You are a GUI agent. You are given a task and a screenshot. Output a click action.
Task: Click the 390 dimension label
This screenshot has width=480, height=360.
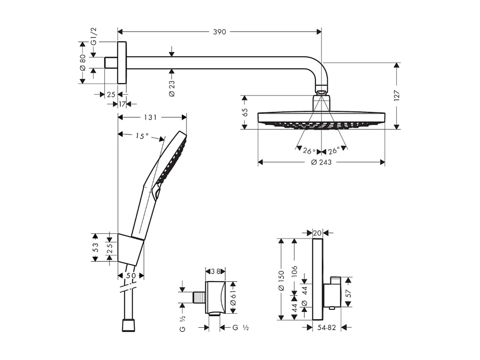coord(219,32)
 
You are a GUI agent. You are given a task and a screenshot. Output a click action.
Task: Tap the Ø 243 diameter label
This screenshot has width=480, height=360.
coord(321,162)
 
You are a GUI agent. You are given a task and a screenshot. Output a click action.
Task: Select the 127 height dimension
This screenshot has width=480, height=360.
coord(397,96)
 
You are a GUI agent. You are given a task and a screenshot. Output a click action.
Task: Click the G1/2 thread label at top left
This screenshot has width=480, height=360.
coord(94,37)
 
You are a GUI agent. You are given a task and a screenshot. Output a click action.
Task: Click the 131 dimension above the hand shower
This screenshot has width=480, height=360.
coord(150,117)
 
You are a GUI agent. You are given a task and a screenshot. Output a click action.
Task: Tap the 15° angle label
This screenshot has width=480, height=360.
coord(142,136)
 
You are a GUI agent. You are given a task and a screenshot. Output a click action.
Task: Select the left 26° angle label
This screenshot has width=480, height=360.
coord(309,151)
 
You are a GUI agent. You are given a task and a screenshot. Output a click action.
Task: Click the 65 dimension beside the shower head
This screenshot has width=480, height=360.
coord(244,112)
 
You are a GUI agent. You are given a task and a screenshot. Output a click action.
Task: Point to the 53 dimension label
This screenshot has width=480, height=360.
coord(95,247)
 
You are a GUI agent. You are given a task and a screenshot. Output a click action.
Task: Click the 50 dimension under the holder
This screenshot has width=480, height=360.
coord(131,276)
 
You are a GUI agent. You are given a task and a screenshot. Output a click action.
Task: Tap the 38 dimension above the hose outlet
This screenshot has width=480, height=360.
coord(215,271)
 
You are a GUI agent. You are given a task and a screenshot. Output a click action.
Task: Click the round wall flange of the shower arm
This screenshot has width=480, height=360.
coord(122,63)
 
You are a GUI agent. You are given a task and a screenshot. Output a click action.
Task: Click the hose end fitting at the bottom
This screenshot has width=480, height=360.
coord(128,326)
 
